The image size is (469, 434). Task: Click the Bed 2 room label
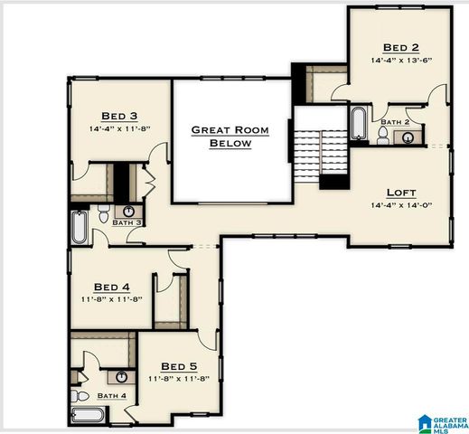coord(400,47)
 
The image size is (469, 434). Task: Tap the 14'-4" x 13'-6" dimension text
coord(400,61)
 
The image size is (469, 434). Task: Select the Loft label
coord(401,192)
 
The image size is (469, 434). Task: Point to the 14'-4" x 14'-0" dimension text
coord(401,205)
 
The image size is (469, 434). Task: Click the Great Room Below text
coord(231,137)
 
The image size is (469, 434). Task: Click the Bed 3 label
coord(118,115)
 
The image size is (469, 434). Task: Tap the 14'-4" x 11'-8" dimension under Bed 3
coord(118,128)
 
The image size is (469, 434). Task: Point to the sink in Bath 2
coord(408,137)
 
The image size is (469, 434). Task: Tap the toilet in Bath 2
coord(383,137)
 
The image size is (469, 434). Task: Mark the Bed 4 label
coord(112,287)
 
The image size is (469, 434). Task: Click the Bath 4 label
coord(111,395)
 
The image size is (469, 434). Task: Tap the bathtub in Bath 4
coord(88,416)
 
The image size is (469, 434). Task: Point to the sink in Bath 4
coord(118,375)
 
